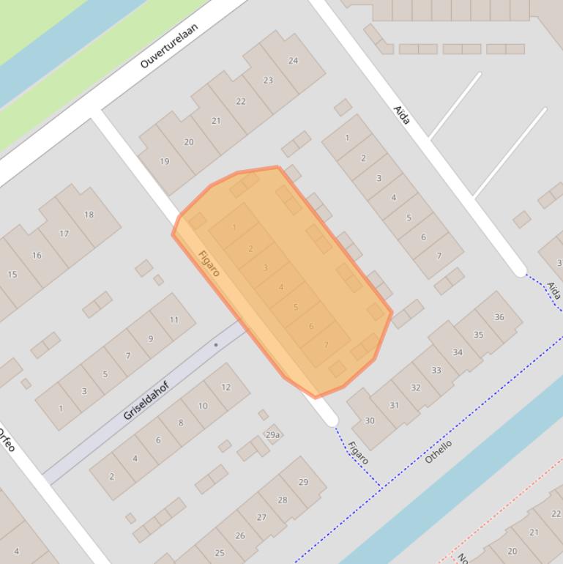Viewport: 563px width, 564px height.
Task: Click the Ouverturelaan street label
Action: [x=169, y=45]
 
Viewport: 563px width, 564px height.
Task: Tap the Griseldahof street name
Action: [x=146, y=401]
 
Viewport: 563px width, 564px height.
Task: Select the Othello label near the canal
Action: [x=438, y=451]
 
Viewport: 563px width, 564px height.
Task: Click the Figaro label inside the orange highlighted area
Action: [x=209, y=264]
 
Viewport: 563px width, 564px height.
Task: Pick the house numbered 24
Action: [x=293, y=61]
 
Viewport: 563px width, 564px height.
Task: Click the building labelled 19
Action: [x=164, y=161]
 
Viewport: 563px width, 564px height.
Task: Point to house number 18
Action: [x=89, y=215]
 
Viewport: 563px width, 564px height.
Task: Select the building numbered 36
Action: [x=499, y=317]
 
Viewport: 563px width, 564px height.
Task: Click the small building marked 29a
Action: [x=272, y=435]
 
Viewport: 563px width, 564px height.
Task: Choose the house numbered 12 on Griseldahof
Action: [x=225, y=387]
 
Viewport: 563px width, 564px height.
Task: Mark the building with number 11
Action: [x=174, y=319]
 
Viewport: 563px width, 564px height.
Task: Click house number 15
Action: [x=12, y=275]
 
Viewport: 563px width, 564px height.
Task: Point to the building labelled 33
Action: [x=436, y=370]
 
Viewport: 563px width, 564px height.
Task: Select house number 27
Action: [x=261, y=516]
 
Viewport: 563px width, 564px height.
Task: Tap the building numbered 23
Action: [x=268, y=81]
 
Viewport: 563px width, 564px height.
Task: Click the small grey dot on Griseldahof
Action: [x=216, y=344]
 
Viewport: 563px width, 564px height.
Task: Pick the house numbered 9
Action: [x=151, y=338]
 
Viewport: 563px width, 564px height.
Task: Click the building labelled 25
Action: [x=220, y=552]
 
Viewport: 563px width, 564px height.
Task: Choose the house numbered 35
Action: [x=478, y=335]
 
